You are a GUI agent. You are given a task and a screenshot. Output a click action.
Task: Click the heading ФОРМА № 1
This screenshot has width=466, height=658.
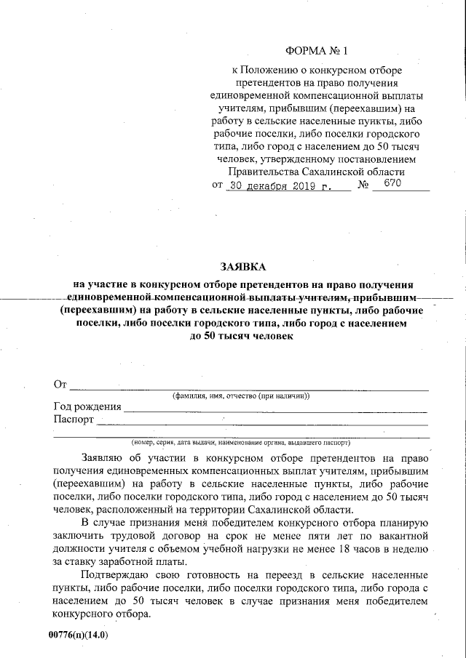[317, 52]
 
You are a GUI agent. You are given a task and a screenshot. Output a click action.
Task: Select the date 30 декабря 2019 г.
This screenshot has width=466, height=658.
[279, 186]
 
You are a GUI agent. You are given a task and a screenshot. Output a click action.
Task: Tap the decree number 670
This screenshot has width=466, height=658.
[392, 185]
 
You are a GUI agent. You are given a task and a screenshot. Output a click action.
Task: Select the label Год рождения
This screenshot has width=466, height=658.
[87, 407]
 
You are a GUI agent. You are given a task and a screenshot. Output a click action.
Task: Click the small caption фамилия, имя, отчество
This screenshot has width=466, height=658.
[241, 396]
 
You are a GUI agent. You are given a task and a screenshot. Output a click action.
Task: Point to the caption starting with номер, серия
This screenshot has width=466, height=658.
[240, 442]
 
